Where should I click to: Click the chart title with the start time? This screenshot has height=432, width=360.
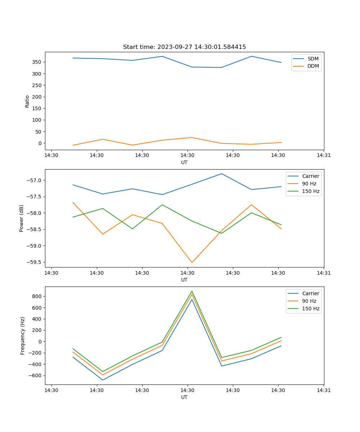184,47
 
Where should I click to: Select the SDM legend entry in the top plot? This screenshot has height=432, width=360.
313,59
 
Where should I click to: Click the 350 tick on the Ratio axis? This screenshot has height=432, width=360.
37,62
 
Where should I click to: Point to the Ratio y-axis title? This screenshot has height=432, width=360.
27,101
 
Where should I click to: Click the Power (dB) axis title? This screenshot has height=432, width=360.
22,218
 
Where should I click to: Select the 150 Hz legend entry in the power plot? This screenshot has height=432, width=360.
311,191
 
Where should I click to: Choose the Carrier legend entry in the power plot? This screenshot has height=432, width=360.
311,176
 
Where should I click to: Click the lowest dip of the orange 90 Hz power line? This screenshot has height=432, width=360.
192,262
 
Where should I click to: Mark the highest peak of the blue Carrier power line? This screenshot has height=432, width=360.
222,174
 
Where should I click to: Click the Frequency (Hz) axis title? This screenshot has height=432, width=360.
23,336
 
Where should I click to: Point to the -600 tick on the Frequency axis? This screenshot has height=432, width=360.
35,375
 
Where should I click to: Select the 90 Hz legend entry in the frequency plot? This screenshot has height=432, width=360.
311,301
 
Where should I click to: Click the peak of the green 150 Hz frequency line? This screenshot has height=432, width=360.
192,291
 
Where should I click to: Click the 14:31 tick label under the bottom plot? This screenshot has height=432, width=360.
324,390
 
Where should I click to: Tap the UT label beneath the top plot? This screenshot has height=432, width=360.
184,162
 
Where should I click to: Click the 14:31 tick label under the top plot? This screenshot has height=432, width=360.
324,156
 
